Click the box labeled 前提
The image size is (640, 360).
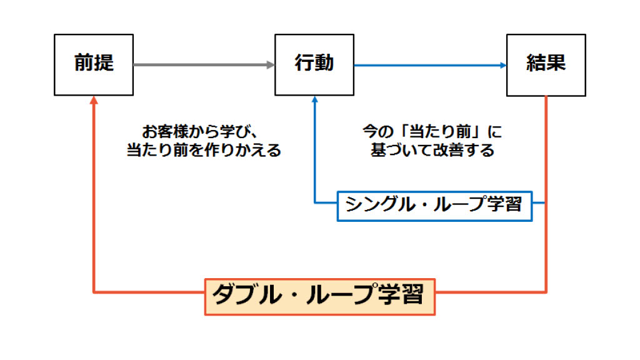[x=94, y=64]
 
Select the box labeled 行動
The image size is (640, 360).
[x=314, y=64]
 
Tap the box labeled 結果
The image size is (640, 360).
[x=546, y=64]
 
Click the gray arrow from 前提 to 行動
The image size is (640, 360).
[x=200, y=64]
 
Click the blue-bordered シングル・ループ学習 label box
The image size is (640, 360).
[x=434, y=205]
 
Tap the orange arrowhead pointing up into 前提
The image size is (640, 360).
[x=94, y=101]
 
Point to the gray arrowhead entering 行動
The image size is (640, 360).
[x=270, y=64]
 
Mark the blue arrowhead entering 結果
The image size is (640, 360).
[x=501, y=64]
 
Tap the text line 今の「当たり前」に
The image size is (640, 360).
[x=432, y=132]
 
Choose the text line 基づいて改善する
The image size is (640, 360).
[x=432, y=151]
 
